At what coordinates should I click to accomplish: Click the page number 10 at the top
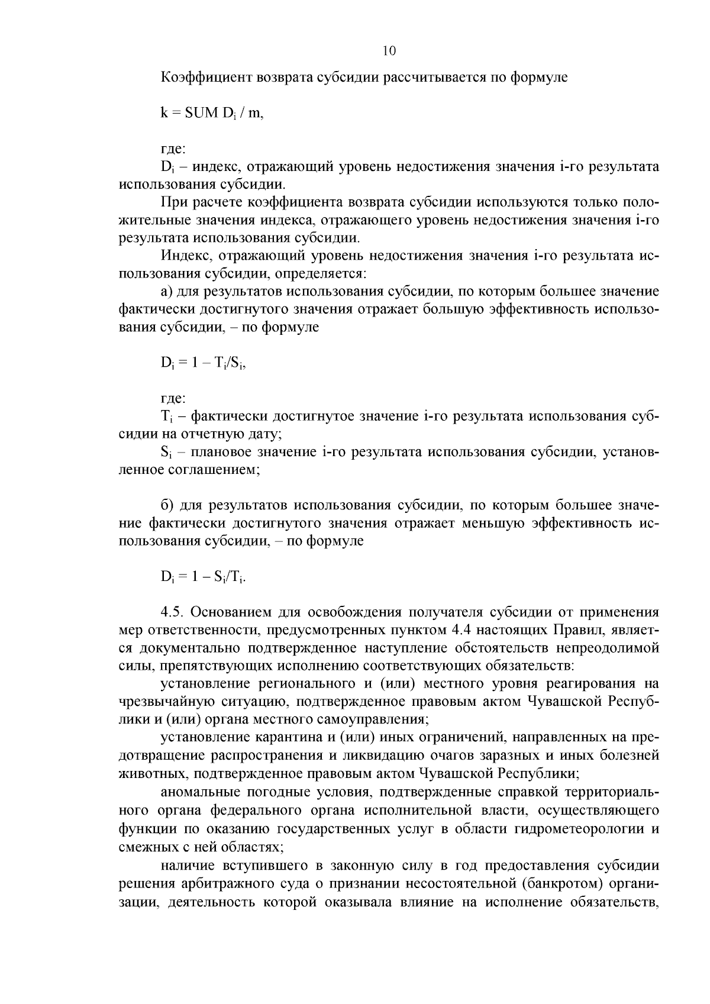tap(389, 51)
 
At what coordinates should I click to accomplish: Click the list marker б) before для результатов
tap(167, 505)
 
